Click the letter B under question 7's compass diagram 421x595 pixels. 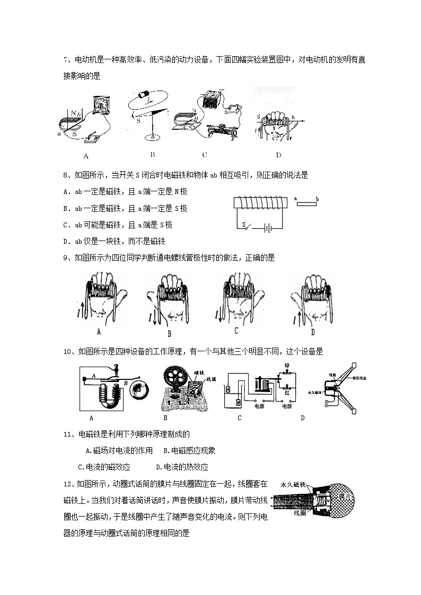coord(152,155)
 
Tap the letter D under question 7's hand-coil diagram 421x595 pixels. coord(278,155)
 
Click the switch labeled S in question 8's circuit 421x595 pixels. coord(245,225)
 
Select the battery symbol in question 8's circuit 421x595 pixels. coord(269,228)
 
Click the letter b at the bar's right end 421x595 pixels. coord(317,199)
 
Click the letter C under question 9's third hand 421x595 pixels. coord(236,331)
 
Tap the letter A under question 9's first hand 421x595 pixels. coord(99,332)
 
